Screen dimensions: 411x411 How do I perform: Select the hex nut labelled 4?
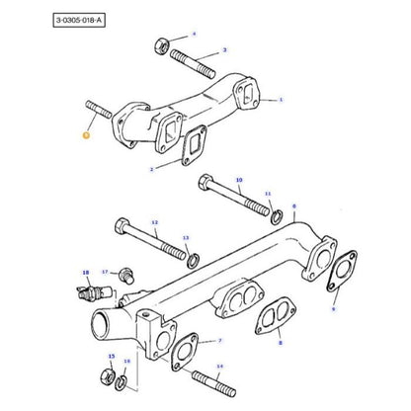pos(161,44)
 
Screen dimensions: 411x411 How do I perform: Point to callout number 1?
pos(282,100)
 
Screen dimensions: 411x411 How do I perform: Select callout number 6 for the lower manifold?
pos(294,205)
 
